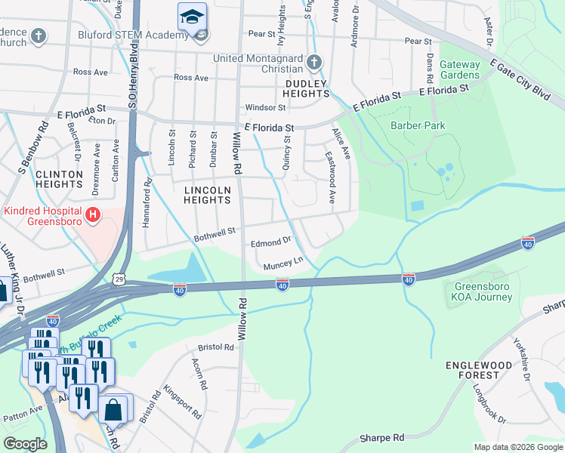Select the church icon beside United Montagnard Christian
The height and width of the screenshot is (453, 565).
click(x=315, y=62)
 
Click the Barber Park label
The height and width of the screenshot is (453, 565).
click(x=418, y=126)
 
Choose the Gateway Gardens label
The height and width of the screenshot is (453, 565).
click(x=459, y=70)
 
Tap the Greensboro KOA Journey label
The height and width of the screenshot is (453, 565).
click(x=483, y=291)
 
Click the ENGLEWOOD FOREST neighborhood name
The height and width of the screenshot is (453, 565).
click(x=483, y=370)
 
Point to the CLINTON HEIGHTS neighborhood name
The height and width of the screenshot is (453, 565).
click(x=59, y=179)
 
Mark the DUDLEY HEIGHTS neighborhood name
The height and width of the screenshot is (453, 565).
click(x=306, y=88)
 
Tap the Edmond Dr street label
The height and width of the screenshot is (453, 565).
click(x=270, y=242)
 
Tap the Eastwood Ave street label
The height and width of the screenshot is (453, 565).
click(x=330, y=180)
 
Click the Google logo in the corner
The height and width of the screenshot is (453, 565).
click(x=26, y=443)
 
